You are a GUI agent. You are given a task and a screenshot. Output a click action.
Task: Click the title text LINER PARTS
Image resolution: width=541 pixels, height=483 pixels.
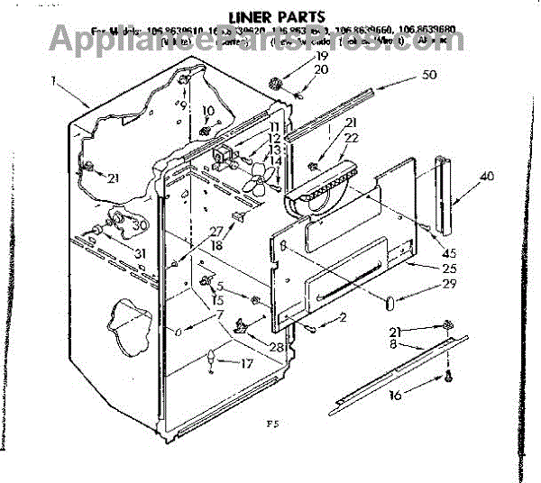point(271,16)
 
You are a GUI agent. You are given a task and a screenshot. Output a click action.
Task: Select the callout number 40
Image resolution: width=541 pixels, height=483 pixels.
point(487,177)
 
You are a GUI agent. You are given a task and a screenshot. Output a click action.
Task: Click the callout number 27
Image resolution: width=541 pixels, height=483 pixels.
point(216,231)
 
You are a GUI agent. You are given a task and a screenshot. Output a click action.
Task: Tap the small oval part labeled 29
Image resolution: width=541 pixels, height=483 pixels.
point(390,300)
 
